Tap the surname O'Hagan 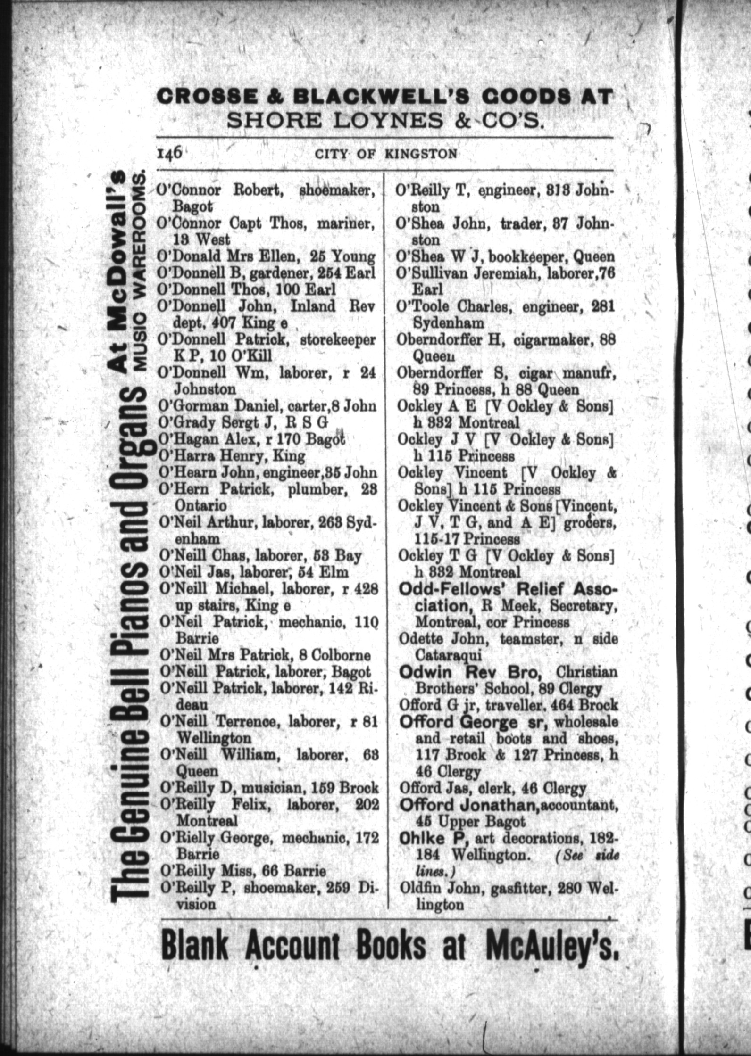pyautogui.click(x=184, y=439)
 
